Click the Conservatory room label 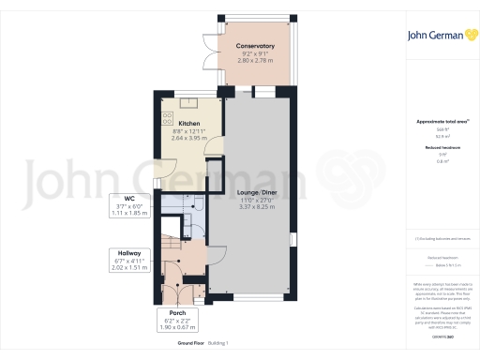tap(255, 46)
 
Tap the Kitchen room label tap(188, 122)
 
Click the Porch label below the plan tap(178, 312)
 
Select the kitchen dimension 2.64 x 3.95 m tap(188, 137)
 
